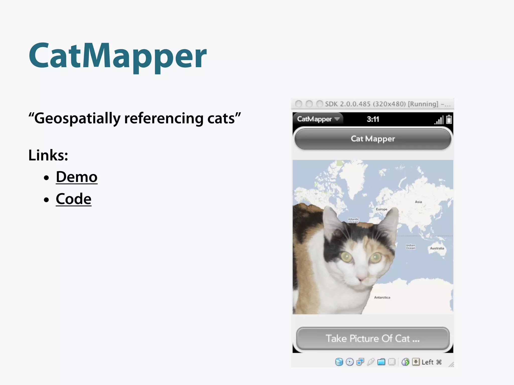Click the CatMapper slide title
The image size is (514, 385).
117,56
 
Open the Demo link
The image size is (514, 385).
77,177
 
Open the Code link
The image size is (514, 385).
74,199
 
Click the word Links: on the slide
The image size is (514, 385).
48,155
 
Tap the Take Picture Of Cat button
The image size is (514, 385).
373,338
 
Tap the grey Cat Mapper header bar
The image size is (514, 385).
373,139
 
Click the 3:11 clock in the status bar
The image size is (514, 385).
373,119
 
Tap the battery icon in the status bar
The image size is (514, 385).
449,120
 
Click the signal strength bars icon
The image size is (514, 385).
439,120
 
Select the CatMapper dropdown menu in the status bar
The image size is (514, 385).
318,119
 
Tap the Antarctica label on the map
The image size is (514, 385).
382,298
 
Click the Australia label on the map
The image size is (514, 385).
437,248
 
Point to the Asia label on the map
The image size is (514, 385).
418,202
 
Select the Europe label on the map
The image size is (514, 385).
381,209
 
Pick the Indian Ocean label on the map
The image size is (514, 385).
411,247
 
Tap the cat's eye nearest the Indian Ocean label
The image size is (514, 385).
376,257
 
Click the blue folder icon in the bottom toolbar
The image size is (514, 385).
381,362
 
